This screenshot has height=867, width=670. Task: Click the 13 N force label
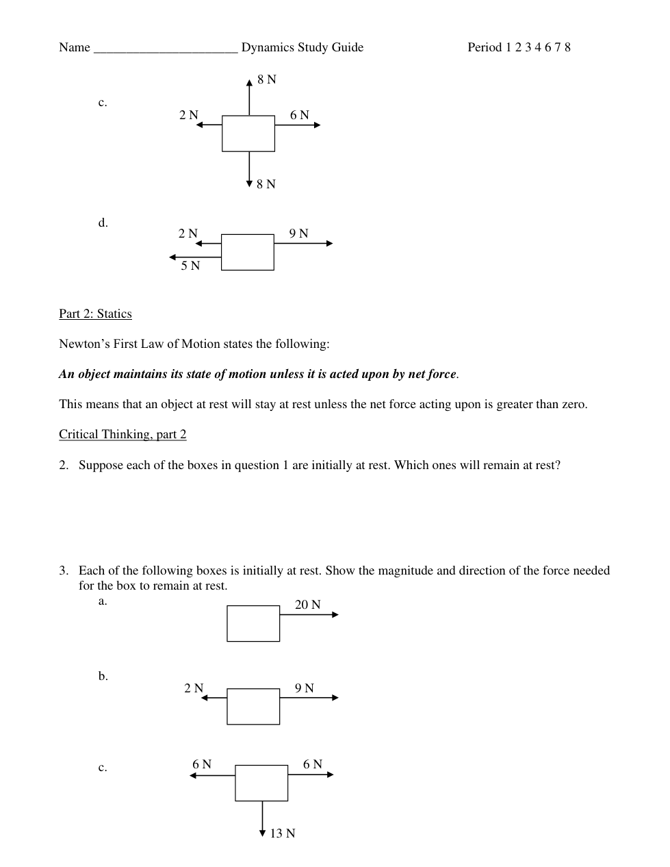coord(283,833)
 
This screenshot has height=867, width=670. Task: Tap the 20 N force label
coord(307,605)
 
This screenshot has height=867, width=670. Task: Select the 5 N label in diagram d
coord(190,266)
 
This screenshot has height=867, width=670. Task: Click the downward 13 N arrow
coord(262,818)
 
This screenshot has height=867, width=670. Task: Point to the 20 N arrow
coord(309,615)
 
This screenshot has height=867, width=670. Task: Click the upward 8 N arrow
coord(249,97)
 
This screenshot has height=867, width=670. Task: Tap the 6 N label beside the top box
coord(299,115)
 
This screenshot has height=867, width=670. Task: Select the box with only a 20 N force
coord(253,623)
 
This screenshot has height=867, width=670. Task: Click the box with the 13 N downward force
coord(261,783)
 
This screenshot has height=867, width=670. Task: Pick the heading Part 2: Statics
coord(95,314)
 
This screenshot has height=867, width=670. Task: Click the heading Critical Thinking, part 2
coord(123,434)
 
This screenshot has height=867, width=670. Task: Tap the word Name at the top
coord(75,47)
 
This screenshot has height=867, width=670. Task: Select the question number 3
coord(63,570)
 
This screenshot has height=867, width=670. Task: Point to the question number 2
coord(63,465)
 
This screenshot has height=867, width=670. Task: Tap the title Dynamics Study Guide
coord(302,47)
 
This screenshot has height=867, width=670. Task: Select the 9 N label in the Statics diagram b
coord(305,688)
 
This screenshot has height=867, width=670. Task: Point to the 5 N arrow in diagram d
coord(195,257)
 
